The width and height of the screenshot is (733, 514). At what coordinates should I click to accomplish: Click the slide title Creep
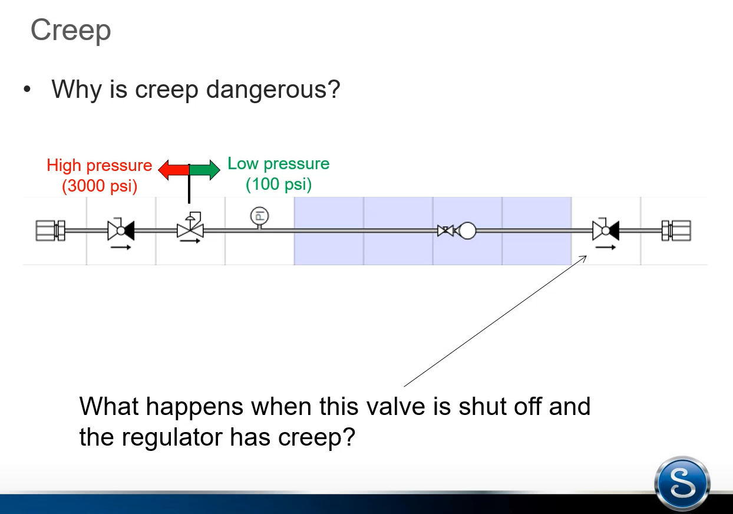[71, 31]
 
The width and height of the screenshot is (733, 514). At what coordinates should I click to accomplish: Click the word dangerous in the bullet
[273, 89]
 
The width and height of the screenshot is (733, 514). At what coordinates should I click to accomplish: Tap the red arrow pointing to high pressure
[174, 170]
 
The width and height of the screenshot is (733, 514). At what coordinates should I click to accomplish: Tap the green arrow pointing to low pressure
[205, 170]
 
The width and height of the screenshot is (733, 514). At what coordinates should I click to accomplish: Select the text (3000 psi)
[100, 186]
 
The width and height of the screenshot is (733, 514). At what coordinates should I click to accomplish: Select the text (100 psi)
[279, 184]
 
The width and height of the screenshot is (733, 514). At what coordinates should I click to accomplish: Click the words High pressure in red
[100, 165]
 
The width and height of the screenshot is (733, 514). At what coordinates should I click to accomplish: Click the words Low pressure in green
[279, 163]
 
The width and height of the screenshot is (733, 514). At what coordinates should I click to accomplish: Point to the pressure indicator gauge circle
[259, 216]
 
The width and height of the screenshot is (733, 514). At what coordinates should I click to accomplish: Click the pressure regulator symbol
[190, 225]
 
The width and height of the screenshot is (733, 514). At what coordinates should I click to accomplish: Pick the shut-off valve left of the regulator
[121, 229]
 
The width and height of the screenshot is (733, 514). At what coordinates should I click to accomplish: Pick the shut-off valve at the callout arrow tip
[606, 229]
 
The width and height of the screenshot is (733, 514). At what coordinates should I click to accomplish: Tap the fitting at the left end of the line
[51, 231]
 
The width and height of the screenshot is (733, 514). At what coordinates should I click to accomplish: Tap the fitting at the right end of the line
[676, 231]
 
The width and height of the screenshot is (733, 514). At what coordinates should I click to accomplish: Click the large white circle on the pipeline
[468, 231]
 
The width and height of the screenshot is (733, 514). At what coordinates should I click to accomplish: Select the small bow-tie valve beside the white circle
[445, 231]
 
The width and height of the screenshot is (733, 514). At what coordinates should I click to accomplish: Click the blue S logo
[682, 483]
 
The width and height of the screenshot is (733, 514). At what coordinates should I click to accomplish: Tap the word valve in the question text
[395, 407]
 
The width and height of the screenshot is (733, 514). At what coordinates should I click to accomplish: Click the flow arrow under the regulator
[190, 241]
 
